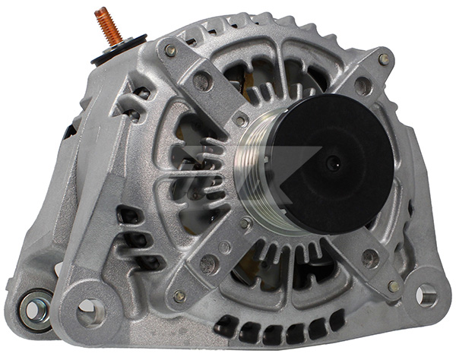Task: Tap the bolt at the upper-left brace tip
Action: [170, 51]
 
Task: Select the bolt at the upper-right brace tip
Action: [384, 59]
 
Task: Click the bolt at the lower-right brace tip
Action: [393, 286]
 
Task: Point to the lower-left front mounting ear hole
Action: [90, 308]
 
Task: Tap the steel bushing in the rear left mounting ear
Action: [33, 308]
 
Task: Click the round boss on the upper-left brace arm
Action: [203, 81]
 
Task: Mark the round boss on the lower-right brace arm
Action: [369, 259]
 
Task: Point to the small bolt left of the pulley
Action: [241, 120]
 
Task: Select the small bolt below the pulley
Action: [245, 224]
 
